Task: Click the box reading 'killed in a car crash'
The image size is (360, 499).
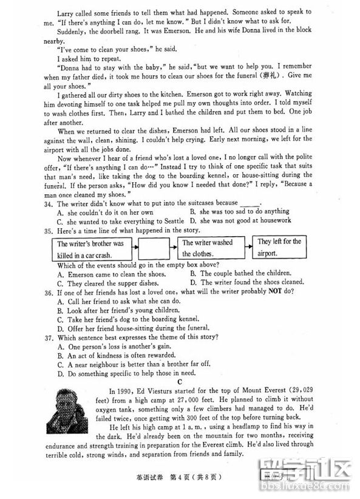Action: pos(90,248)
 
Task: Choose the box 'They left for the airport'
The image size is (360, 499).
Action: pos(279,248)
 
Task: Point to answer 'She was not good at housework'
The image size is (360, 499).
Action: pos(240,220)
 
